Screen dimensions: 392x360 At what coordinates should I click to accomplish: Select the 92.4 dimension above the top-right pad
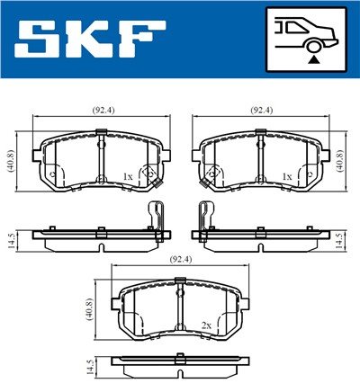[260, 111]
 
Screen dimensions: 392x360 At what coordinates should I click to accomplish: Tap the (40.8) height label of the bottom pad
[89, 310]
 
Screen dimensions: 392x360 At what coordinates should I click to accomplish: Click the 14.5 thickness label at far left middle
[10, 241]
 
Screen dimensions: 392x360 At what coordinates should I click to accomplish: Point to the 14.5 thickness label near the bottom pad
[88, 369]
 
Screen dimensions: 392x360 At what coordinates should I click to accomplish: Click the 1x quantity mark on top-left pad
[128, 177]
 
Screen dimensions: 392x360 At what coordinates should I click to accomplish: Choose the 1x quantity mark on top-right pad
[286, 177]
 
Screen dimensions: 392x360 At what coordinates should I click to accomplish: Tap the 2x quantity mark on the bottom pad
[207, 326]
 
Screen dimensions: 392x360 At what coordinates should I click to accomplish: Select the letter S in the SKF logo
[35, 40]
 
